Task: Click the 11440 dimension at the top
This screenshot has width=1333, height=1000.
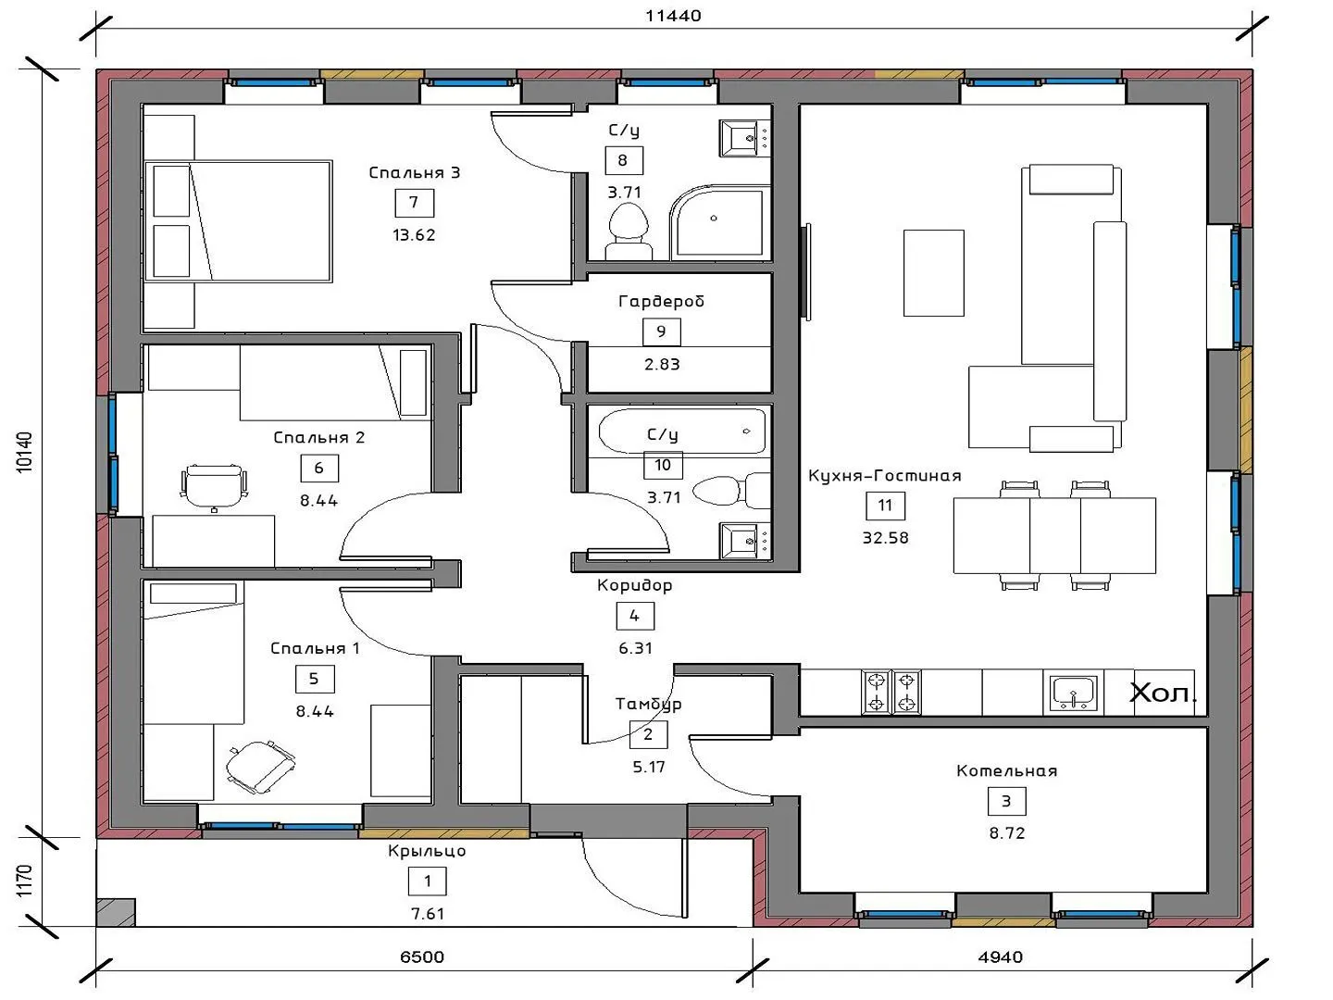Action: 673,16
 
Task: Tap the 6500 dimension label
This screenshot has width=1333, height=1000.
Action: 422,956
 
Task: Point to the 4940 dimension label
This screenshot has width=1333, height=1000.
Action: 1000,956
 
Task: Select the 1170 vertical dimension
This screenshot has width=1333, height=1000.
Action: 23,881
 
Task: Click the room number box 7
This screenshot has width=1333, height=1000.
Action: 414,203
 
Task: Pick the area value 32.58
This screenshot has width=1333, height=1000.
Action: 886,538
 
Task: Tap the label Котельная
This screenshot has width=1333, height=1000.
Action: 1006,771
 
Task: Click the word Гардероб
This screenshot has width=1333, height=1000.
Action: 661,301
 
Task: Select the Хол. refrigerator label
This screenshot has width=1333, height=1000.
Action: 1163,693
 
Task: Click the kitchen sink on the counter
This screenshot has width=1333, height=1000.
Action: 1073,693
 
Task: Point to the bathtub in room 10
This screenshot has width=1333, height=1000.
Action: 682,431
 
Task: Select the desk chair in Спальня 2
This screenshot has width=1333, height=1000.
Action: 215,487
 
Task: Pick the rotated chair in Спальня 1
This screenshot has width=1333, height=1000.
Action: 260,767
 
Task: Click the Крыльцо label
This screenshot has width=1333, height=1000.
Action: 427,851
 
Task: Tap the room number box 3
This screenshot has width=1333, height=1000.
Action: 1006,802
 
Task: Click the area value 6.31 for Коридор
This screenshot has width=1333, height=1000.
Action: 635,648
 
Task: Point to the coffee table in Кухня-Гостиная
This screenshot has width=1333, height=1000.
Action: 933,272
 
